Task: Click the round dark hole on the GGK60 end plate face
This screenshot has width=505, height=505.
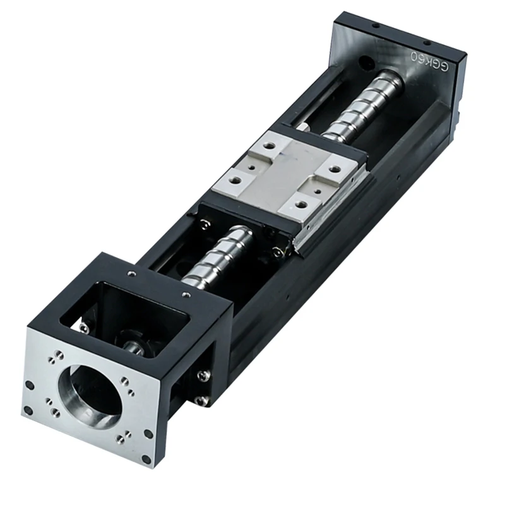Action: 365,64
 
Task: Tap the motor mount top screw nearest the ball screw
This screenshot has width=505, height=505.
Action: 186,294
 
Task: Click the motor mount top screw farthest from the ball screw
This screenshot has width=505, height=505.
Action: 131,273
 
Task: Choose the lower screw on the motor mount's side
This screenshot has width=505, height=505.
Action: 201,400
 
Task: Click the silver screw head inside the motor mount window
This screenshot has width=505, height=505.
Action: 83,326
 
